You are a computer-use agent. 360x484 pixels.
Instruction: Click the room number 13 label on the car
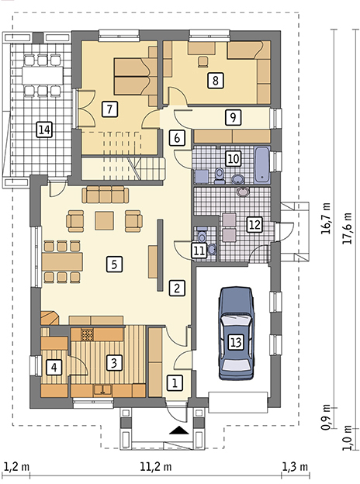[236, 342]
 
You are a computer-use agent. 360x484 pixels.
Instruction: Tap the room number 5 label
[115, 264]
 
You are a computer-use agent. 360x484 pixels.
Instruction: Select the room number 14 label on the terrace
[45, 130]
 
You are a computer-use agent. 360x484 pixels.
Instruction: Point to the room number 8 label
[216, 80]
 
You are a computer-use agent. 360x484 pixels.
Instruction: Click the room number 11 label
[199, 251]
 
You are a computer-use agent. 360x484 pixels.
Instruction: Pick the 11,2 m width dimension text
[156, 466]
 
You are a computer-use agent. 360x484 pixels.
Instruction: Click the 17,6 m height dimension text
[348, 228]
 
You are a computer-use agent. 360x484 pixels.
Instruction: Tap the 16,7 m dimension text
[326, 218]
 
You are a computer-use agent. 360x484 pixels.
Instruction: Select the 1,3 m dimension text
[295, 466]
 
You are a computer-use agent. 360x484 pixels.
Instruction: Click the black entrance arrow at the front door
[179, 430]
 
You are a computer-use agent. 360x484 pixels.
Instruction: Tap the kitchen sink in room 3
[102, 389]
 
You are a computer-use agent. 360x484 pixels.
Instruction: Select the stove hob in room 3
[87, 334]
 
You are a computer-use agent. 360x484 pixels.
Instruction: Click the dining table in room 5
[62, 261]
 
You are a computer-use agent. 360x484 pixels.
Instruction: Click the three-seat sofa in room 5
[106, 195]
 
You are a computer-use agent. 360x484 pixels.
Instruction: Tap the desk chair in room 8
[202, 61]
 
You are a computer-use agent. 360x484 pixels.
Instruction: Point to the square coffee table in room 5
[105, 220]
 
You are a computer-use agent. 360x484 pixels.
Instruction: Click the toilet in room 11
[202, 235]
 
